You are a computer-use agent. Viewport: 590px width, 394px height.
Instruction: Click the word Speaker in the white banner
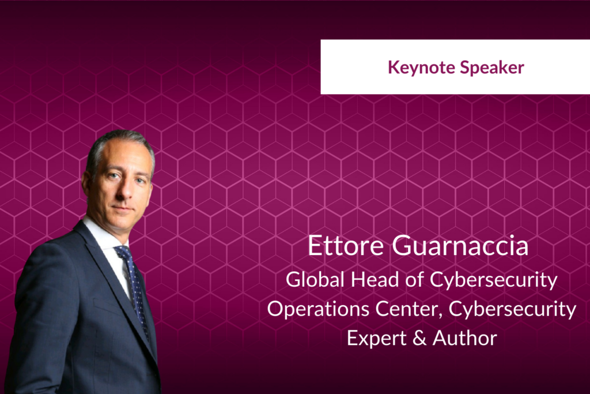492,68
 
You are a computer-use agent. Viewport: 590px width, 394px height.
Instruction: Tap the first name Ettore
346,246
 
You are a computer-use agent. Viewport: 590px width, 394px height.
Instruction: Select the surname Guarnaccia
460,246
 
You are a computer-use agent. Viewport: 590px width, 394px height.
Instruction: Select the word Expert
377,338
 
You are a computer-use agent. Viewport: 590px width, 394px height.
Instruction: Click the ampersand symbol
419,338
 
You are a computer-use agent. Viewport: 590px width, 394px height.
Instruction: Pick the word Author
465,338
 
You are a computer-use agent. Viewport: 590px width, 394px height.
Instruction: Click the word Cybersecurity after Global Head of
494,280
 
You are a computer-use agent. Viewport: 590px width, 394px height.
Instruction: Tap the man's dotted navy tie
134,286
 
